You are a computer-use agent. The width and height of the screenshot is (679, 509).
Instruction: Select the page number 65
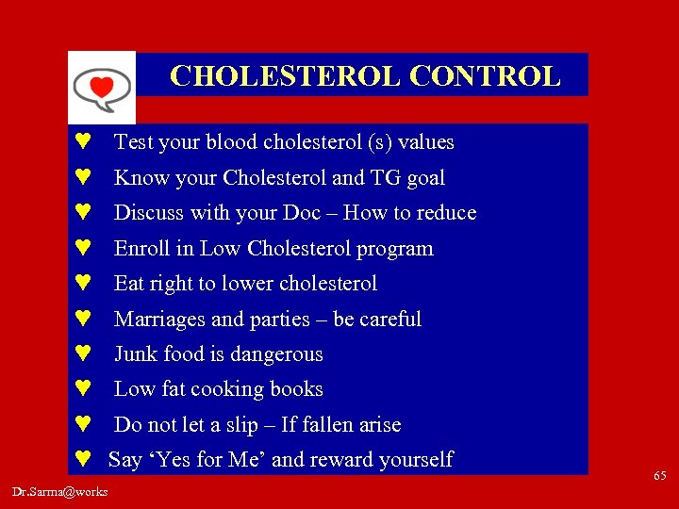click(x=659, y=477)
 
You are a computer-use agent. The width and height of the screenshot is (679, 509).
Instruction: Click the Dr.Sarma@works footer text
click(x=60, y=492)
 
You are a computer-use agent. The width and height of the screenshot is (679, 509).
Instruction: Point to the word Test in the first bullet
click(x=133, y=142)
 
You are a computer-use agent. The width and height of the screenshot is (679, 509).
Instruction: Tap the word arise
click(x=377, y=425)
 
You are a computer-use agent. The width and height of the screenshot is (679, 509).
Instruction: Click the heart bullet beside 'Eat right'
click(x=82, y=284)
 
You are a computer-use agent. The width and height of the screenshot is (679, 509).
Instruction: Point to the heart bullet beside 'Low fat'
click(x=82, y=389)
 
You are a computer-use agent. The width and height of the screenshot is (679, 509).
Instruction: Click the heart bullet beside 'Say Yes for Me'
click(x=82, y=460)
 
